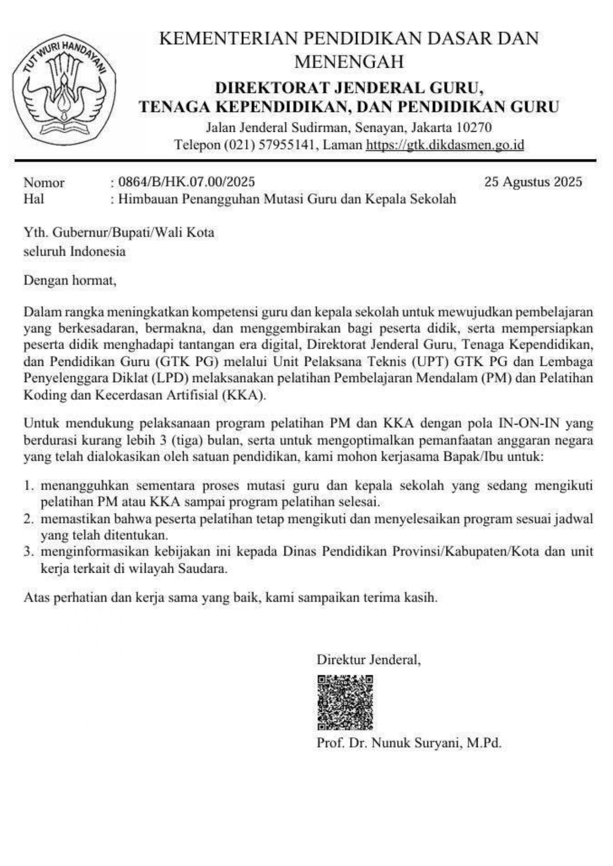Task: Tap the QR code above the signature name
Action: [345, 702]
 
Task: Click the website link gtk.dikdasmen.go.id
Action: [445, 145]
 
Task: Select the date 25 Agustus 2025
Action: [533, 182]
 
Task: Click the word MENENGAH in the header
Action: [349, 62]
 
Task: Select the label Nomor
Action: [44, 183]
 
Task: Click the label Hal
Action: [34, 199]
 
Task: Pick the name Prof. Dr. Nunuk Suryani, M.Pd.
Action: [409, 743]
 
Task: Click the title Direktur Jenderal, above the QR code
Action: [368, 660]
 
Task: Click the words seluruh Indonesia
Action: [75, 251]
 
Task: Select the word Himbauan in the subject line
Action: [149, 199]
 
